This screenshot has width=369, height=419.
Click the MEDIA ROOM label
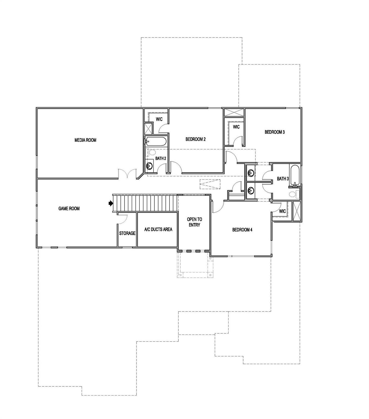[x=85, y=140]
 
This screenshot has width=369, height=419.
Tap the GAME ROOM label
[x=69, y=208]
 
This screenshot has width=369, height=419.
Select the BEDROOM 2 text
[x=196, y=139]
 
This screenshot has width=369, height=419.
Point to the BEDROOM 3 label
[x=274, y=132]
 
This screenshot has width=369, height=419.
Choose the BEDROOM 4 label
[x=242, y=230]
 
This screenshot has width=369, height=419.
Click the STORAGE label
[x=127, y=233]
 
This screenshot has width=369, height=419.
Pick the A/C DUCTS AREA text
[x=158, y=229]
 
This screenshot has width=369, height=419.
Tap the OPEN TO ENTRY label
[x=194, y=222]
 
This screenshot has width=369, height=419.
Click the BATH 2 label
[x=161, y=158]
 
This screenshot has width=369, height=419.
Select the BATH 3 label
[x=283, y=178]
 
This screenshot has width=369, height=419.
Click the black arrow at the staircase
[x=111, y=203]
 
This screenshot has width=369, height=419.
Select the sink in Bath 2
[x=149, y=166]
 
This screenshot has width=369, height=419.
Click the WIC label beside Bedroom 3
[x=236, y=127]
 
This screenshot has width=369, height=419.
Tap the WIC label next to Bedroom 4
[x=282, y=211]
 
